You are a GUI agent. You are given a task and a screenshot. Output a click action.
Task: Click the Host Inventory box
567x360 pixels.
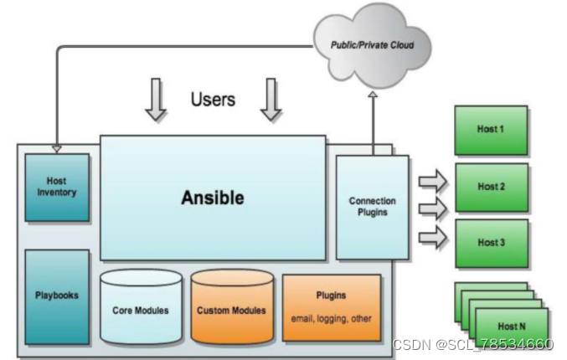click(57, 187)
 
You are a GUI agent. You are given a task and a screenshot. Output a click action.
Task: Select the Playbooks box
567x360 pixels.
click(57, 296)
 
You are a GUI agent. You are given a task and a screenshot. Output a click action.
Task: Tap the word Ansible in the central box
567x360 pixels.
click(213, 198)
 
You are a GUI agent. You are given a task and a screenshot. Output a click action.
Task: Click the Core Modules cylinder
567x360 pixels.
click(140, 308)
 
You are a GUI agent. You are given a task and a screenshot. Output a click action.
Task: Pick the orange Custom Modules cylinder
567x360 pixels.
click(231, 308)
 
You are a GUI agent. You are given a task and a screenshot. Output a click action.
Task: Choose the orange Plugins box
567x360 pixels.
click(332, 306)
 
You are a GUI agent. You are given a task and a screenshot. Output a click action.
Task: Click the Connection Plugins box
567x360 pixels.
click(373, 207)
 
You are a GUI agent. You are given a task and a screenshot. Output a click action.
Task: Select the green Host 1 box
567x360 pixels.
click(492, 131)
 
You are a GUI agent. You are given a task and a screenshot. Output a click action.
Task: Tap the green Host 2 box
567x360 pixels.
click(492, 187)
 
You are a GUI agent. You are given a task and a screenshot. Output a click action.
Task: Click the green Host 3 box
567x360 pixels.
click(492, 243)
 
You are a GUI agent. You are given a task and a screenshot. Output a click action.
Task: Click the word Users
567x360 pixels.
click(213, 100)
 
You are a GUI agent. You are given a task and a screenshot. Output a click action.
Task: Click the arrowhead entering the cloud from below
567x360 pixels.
click(373, 95)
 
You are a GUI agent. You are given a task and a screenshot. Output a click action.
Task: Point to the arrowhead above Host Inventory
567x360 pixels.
click(57, 148)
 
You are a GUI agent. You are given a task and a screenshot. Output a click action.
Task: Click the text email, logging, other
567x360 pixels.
click(332, 318)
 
